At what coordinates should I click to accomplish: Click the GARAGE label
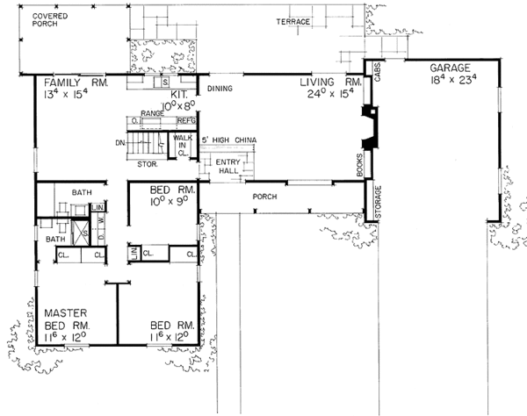point(450,68)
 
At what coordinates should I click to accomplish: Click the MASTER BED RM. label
point(66,318)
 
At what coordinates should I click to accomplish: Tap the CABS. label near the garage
point(378,74)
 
